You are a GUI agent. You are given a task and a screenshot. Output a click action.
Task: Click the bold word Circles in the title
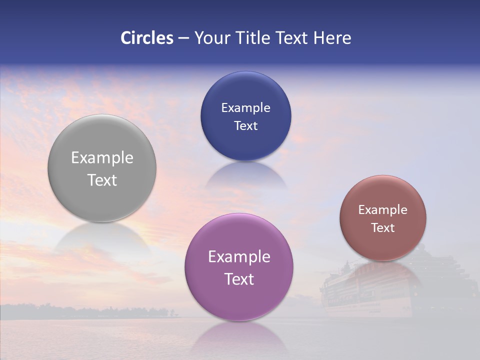147,38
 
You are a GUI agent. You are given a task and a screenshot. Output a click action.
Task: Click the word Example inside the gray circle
102,158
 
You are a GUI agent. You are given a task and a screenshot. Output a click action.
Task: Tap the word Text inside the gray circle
102,180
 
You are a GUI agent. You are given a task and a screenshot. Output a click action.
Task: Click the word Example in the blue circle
245,108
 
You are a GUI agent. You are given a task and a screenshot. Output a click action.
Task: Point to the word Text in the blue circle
245,126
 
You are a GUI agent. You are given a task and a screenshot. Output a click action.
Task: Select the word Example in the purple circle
239,257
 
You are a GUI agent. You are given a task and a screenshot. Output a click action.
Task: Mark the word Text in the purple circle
239,279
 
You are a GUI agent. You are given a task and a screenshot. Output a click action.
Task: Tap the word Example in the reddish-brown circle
382,210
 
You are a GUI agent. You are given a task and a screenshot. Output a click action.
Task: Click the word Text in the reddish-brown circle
382,228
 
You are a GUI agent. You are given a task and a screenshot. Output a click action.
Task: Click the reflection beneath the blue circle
245,176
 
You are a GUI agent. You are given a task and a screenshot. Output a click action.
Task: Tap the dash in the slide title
183,38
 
